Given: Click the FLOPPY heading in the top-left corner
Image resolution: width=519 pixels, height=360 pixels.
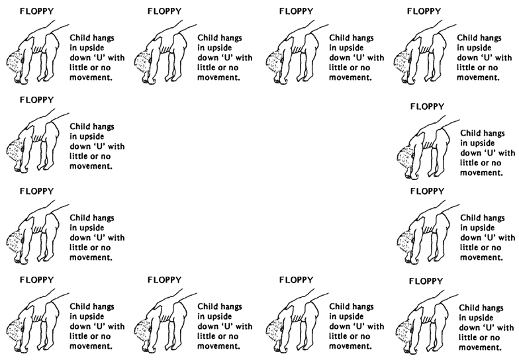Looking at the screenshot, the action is (36, 11).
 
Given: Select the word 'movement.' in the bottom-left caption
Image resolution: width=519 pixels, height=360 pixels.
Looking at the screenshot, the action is (91, 346).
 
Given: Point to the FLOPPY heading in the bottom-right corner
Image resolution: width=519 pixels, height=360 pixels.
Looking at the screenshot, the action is (426, 281).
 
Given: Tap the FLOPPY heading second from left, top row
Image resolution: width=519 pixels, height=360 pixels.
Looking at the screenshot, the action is (164, 11).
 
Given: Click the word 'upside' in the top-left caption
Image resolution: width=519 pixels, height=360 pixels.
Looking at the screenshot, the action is (91, 48).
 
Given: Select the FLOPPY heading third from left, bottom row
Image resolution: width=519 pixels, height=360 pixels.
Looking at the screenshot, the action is (296, 280).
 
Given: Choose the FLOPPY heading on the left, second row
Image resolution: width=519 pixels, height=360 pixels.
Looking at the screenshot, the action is (36, 100).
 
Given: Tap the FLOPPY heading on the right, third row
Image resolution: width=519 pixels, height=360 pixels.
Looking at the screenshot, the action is (427, 191).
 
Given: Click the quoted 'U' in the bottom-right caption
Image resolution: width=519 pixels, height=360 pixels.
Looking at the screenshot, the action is (480, 328).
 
